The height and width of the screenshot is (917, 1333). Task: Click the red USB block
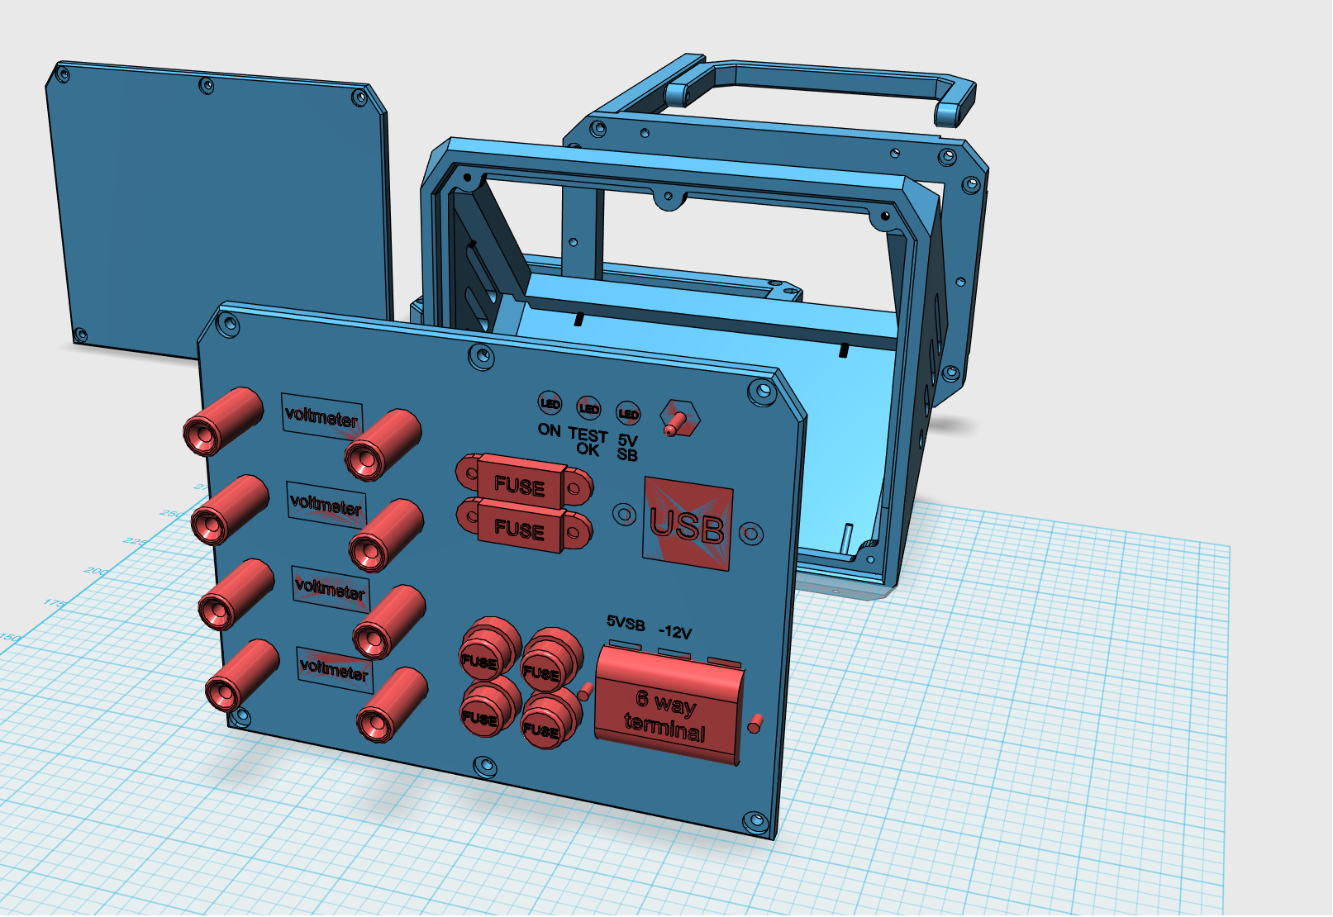pos(688,524)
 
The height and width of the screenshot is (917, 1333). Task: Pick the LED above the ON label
pos(550,404)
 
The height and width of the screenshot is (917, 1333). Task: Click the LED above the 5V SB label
pos(628,413)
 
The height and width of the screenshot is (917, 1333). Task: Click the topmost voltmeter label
pos(321,416)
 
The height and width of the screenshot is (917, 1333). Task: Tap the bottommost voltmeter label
pos(334,668)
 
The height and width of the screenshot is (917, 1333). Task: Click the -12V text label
pos(674,632)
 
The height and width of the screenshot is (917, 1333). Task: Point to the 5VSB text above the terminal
pos(626,623)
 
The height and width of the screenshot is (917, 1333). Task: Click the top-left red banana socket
pos(221,421)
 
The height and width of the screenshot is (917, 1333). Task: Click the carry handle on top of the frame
pos(826,83)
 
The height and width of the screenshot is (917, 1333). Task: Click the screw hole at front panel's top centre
pos(482,357)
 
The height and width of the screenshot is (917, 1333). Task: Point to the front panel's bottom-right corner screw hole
pos(755,821)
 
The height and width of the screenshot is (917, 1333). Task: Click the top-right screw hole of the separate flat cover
pos(359,97)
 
